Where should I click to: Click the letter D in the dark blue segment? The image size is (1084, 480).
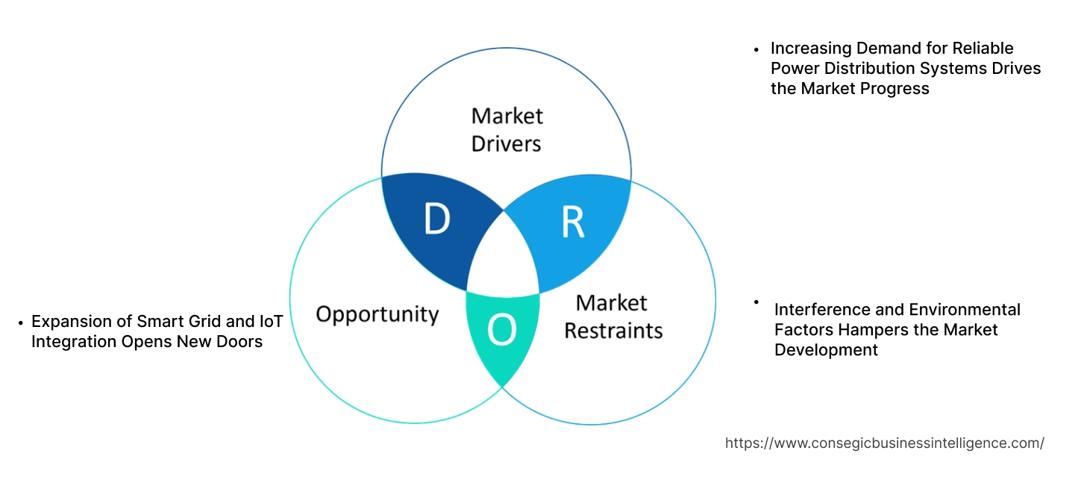click(437, 219)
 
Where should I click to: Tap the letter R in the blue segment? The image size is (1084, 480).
click(572, 222)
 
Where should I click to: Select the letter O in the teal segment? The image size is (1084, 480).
click(502, 331)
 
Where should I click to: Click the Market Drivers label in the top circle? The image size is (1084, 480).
click(507, 129)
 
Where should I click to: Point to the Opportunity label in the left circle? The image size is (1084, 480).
click(377, 314)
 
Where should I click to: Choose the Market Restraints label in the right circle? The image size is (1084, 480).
click(613, 317)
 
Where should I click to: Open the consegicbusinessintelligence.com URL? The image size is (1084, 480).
click(884, 443)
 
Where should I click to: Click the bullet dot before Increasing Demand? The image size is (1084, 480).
click(756, 49)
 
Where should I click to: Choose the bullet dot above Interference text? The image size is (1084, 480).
click(756, 302)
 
